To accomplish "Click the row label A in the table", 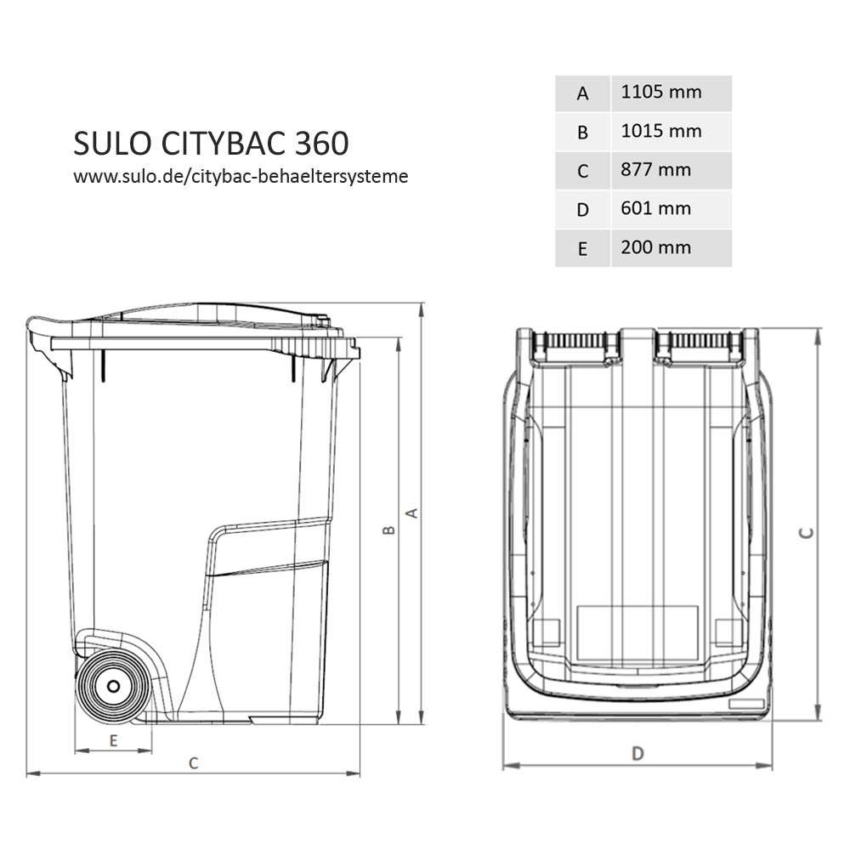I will (582, 93).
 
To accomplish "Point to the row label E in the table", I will (582, 249).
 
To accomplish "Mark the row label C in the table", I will (582, 171).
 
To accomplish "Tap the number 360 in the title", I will (322, 144).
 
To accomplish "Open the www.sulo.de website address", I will (241, 177).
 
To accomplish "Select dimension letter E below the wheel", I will (113, 740).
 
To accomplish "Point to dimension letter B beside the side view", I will (388, 530).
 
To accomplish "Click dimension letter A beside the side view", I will (412, 513).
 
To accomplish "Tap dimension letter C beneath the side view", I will (193, 763).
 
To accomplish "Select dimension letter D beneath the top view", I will (637, 753).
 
